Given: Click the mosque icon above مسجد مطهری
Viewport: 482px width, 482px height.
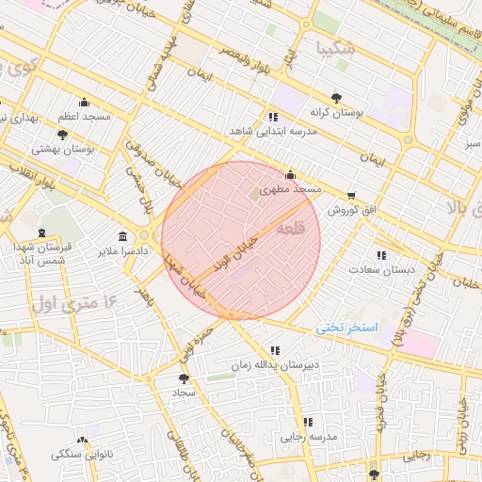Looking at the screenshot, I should [290, 175].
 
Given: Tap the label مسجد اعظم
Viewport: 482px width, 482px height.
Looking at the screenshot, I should [84, 117].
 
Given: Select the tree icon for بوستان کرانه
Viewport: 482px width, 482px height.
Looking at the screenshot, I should [337, 97].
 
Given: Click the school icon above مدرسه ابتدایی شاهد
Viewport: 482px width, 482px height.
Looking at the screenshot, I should [273, 116].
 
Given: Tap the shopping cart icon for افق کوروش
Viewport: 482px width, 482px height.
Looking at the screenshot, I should [351, 197].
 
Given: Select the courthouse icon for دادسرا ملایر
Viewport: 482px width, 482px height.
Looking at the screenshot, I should [123, 236].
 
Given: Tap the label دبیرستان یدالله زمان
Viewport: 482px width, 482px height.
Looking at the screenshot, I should [272, 363].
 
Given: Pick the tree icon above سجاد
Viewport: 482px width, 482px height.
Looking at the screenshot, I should [183, 378].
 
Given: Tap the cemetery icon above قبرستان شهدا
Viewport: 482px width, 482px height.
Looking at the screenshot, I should [40, 232].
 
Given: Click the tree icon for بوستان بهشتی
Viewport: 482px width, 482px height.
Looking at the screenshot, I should [62, 135].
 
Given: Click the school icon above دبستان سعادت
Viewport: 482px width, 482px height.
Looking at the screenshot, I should [380, 255].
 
